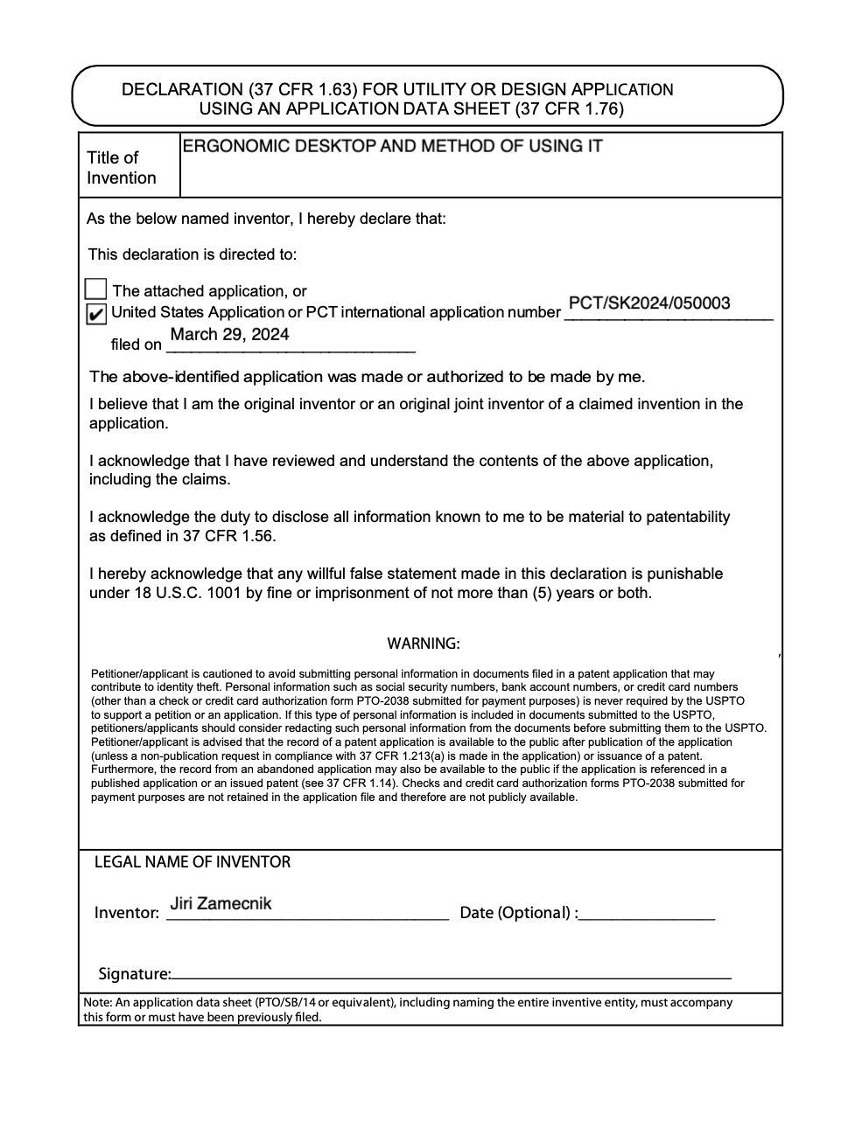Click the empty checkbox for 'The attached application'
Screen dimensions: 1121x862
96,289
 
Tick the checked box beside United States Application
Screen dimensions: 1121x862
96,314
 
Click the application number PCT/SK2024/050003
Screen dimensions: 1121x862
648,303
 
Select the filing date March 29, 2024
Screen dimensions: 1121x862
229,334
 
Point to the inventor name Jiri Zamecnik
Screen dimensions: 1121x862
221,903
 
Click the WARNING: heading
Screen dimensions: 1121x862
424,644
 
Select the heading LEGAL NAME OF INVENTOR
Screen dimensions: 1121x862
193,862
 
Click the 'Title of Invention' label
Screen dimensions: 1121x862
121,168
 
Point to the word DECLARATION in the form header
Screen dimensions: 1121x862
182,90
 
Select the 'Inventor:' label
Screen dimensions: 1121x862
127,913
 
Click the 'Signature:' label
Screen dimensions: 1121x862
134,974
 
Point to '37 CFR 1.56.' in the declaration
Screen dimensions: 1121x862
229,536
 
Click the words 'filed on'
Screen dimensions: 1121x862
137,345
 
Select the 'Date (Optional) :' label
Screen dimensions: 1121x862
519,913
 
